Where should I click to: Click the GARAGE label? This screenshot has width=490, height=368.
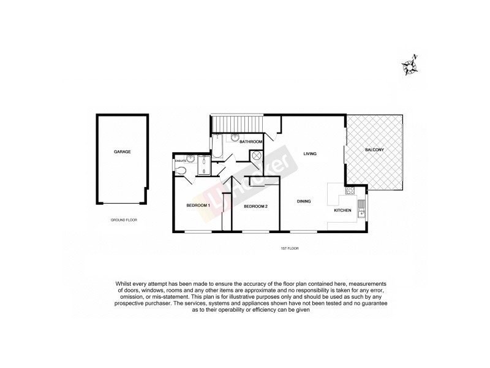122,151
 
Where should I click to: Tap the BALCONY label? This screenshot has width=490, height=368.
375,150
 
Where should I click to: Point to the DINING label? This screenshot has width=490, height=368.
304,201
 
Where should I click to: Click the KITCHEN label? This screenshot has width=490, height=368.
342,210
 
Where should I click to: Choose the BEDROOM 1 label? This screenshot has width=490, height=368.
198,205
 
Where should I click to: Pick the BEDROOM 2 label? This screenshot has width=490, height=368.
255,206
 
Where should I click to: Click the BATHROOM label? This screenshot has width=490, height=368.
251,142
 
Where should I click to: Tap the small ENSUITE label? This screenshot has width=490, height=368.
180,161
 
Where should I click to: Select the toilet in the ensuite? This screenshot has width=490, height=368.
181,170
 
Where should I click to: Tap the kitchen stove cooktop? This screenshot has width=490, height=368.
351,191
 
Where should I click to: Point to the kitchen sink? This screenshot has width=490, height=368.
361,208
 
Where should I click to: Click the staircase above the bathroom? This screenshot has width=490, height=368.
237,124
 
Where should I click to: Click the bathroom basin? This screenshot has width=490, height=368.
235,139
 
